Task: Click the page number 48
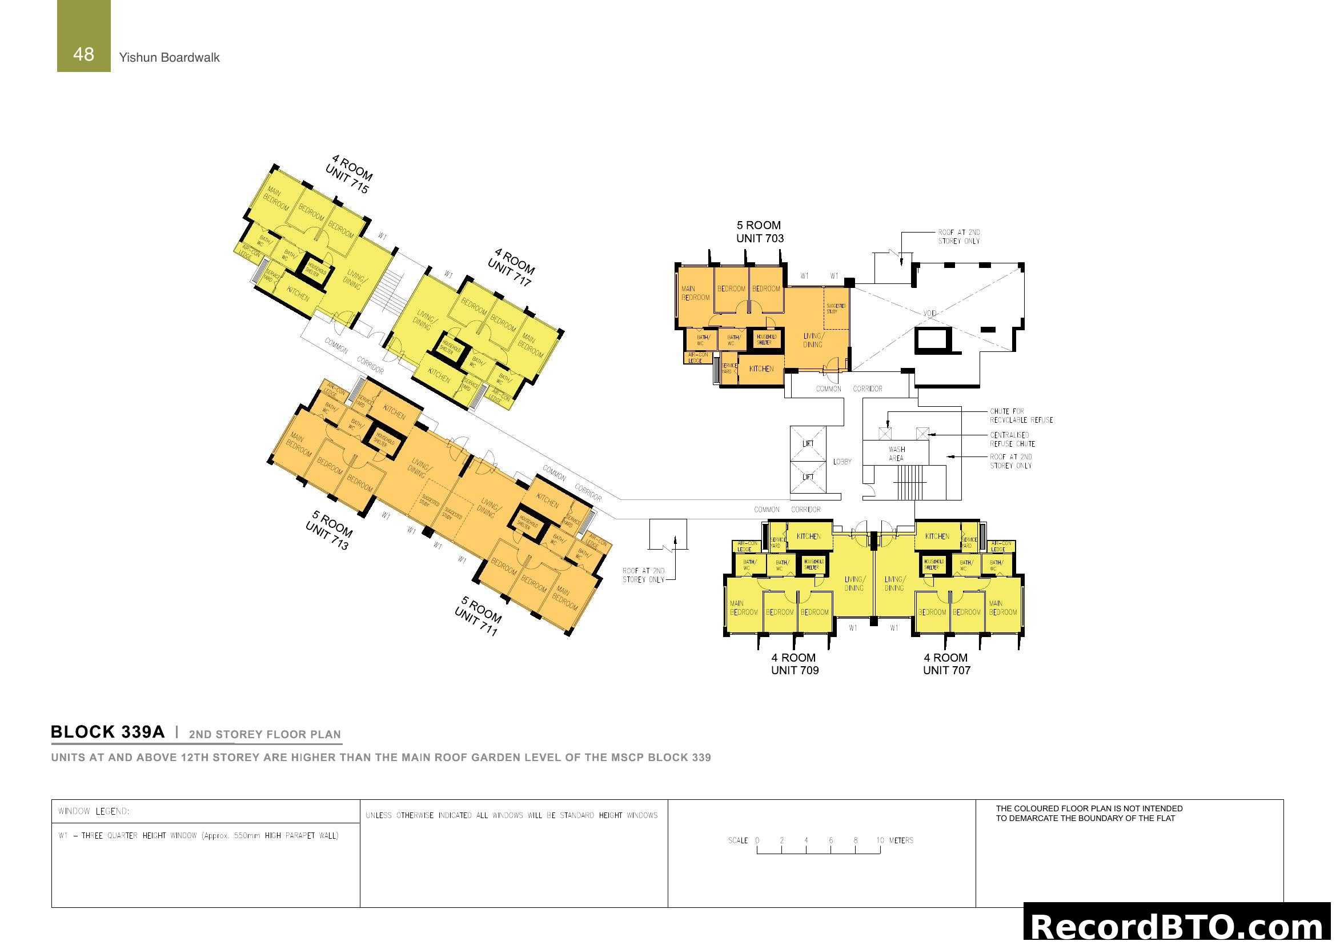(x=83, y=54)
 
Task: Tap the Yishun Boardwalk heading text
(x=169, y=58)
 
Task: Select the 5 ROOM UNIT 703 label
(x=759, y=231)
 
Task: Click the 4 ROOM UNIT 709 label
(x=795, y=664)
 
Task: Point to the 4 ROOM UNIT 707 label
(x=946, y=664)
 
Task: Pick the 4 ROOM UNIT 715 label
(x=349, y=174)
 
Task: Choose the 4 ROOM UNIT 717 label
(x=511, y=267)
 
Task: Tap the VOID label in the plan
(x=930, y=313)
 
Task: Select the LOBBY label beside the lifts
(x=842, y=462)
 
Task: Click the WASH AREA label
(x=897, y=454)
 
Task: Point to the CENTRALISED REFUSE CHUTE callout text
(x=1012, y=439)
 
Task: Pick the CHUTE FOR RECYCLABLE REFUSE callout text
(x=1021, y=415)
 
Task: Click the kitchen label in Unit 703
(x=761, y=369)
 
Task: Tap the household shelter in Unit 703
(x=766, y=340)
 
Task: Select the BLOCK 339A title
(x=107, y=732)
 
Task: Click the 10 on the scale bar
(x=880, y=840)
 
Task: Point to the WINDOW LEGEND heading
(x=94, y=811)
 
